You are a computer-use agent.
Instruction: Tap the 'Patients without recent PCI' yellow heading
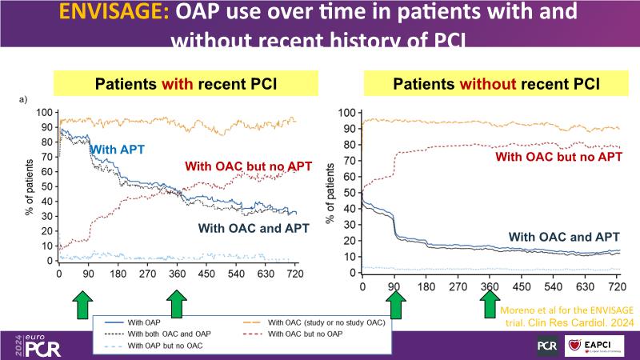pyautogui.click(x=494, y=82)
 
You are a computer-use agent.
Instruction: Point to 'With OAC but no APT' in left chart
pyautogui.click(x=248, y=166)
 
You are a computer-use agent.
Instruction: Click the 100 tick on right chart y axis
pyautogui.click(x=347, y=112)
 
